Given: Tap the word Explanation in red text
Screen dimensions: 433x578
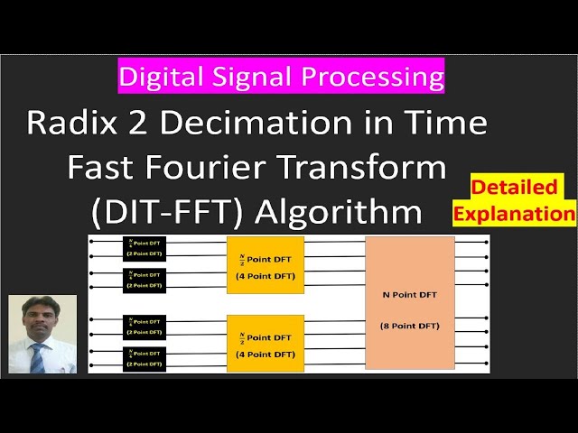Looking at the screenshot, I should pos(516,214).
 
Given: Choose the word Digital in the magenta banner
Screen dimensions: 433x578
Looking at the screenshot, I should pos(163,77).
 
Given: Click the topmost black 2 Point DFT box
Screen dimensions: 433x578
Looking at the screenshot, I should pos(143,248).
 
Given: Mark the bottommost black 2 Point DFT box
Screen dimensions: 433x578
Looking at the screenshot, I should pos(143,358).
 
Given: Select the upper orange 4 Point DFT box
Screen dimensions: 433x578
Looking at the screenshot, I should pos(265,265).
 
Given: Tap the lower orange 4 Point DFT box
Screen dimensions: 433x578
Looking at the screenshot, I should pos(265,343).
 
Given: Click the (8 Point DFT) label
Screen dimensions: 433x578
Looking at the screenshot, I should pos(409,326).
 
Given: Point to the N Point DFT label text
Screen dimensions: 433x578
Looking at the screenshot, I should pos(409,295).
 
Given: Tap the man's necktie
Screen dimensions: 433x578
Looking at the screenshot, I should pos(37,357).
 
